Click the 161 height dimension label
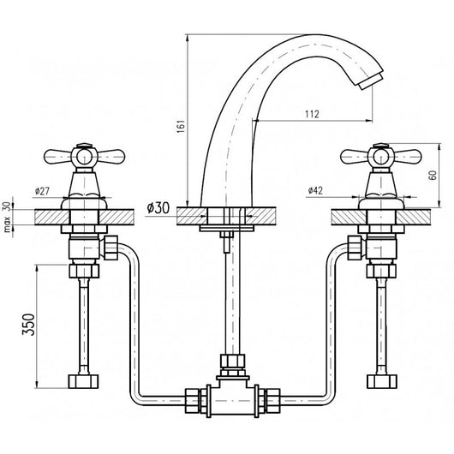click(181, 126)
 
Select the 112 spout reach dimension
click(312, 114)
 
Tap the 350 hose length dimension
click(28, 325)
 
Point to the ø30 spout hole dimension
click(158, 208)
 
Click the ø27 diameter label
click(42, 191)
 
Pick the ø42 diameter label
click(315, 190)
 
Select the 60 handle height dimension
click(433, 175)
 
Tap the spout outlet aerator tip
click(370, 81)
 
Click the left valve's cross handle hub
click(84, 158)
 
